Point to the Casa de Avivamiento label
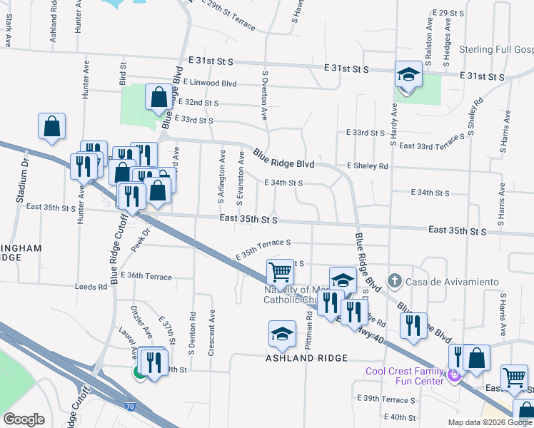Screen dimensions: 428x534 pyautogui.click(x=451, y=282)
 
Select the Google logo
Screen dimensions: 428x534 pyautogui.click(x=24, y=419)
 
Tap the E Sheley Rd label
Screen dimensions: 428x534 pyautogui.click(x=367, y=166)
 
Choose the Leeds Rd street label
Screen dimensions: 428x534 pyautogui.click(x=91, y=287)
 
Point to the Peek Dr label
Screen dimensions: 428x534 pyautogui.click(x=139, y=240)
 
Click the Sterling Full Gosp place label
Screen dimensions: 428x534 pyautogui.click(x=493, y=50)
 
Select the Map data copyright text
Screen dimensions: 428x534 pyautogui.click(x=490, y=422)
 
